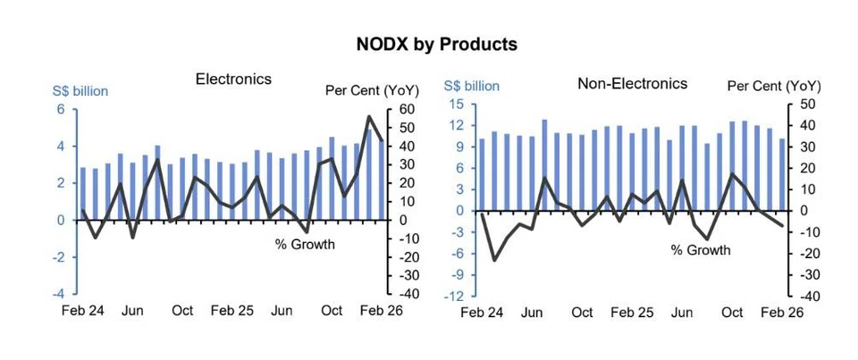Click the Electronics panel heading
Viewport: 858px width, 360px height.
pyautogui.click(x=233, y=79)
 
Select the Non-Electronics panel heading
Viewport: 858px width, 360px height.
pyautogui.click(x=632, y=83)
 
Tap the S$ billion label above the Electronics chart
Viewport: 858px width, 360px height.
pyautogui.click(x=81, y=91)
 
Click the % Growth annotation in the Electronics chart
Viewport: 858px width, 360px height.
pyautogui.click(x=305, y=244)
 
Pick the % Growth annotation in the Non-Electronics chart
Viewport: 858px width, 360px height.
pyautogui.click(x=701, y=250)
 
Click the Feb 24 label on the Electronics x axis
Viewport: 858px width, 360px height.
pyautogui.click(x=82, y=311)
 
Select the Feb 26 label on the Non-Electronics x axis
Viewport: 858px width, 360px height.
pyautogui.click(x=784, y=313)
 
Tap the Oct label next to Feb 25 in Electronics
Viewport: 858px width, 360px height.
pyautogui.click(x=182, y=311)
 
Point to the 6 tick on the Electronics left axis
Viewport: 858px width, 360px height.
pyautogui.click(x=62, y=109)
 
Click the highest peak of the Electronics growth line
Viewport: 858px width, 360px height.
pyautogui.click(x=369, y=117)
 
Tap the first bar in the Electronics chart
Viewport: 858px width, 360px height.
pyautogui.click(x=83, y=193)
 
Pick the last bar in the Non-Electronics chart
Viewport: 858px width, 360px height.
pyautogui.click(x=783, y=174)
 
